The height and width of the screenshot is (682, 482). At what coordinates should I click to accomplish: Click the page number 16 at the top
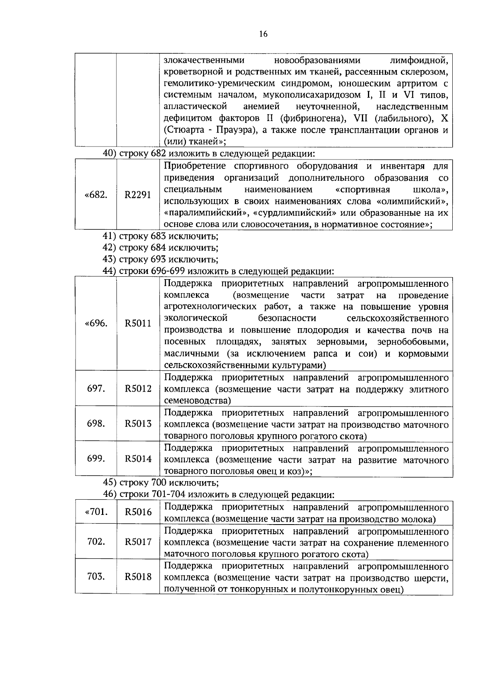tap(263, 34)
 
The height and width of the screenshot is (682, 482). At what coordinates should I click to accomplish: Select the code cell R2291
tap(138, 195)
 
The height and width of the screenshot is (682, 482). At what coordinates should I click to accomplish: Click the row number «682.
tap(96, 195)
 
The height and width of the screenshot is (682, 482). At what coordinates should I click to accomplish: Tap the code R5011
tap(138, 323)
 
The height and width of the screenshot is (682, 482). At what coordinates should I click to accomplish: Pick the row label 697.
tap(96, 388)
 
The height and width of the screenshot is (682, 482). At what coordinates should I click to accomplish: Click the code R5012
tap(138, 388)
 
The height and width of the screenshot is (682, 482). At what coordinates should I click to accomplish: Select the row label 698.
tap(96, 423)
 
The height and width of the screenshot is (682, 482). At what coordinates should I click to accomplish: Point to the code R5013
tap(138, 423)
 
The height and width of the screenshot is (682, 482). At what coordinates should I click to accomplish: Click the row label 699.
tap(96, 458)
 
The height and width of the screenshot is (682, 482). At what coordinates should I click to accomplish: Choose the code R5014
tap(138, 458)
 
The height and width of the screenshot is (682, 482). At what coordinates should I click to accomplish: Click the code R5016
tap(138, 512)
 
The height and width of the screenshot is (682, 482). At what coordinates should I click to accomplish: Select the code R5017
tap(138, 542)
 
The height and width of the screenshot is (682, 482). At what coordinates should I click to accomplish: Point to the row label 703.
tap(96, 577)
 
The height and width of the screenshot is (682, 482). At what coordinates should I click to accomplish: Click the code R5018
tap(138, 577)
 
